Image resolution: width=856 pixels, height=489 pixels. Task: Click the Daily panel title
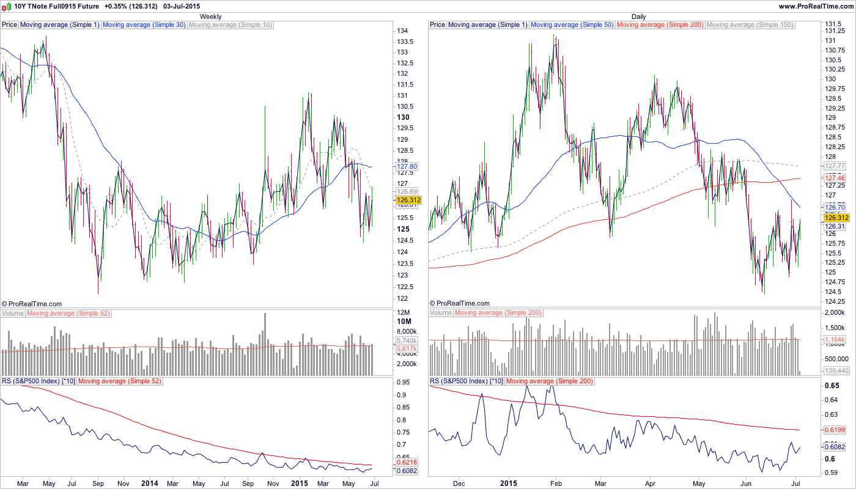click(x=638, y=17)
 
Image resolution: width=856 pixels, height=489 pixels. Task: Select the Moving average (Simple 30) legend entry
click(x=144, y=25)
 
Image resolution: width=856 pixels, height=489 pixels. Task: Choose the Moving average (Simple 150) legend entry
click(x=750, y=25)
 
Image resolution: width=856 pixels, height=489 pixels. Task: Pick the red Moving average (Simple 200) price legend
click(x=660, y=25)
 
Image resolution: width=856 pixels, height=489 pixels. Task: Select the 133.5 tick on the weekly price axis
click(x=404, y=42)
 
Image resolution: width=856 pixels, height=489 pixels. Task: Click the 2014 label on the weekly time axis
click(x=149, y=483)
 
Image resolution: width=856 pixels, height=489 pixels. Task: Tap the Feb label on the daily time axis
click(x=556, y=483)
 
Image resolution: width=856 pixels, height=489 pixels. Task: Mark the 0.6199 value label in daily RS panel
click(x=835, y=430)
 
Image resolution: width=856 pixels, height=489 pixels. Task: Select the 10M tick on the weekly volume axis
click(x=404, y=322)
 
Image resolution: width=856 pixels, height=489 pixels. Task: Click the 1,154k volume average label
click(x=835, y=339)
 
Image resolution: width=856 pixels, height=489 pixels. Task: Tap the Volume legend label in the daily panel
click(x=441, y=313)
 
